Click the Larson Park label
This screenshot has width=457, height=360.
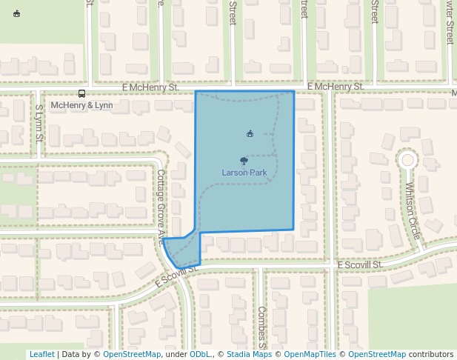point(244,173)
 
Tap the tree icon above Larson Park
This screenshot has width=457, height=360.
point(244,160)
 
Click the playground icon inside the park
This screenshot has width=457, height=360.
point(250,133)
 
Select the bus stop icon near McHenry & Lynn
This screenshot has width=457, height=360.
point(81,93)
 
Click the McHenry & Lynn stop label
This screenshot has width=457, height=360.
point(81,105)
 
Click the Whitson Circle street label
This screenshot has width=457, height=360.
point(413,211)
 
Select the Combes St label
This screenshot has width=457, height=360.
point(261,327)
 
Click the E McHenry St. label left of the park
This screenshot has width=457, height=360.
point(154,87)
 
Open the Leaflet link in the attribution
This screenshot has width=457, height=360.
point(41,354)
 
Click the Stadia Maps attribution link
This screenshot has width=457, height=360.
point(249,354)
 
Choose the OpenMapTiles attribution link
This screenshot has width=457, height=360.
point(310,354)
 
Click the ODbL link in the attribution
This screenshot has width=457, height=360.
point(200,354)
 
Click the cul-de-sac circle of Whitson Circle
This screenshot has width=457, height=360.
point(407,159)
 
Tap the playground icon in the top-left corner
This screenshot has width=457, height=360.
point(17,13)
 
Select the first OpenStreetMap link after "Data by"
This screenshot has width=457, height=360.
point(132,354)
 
